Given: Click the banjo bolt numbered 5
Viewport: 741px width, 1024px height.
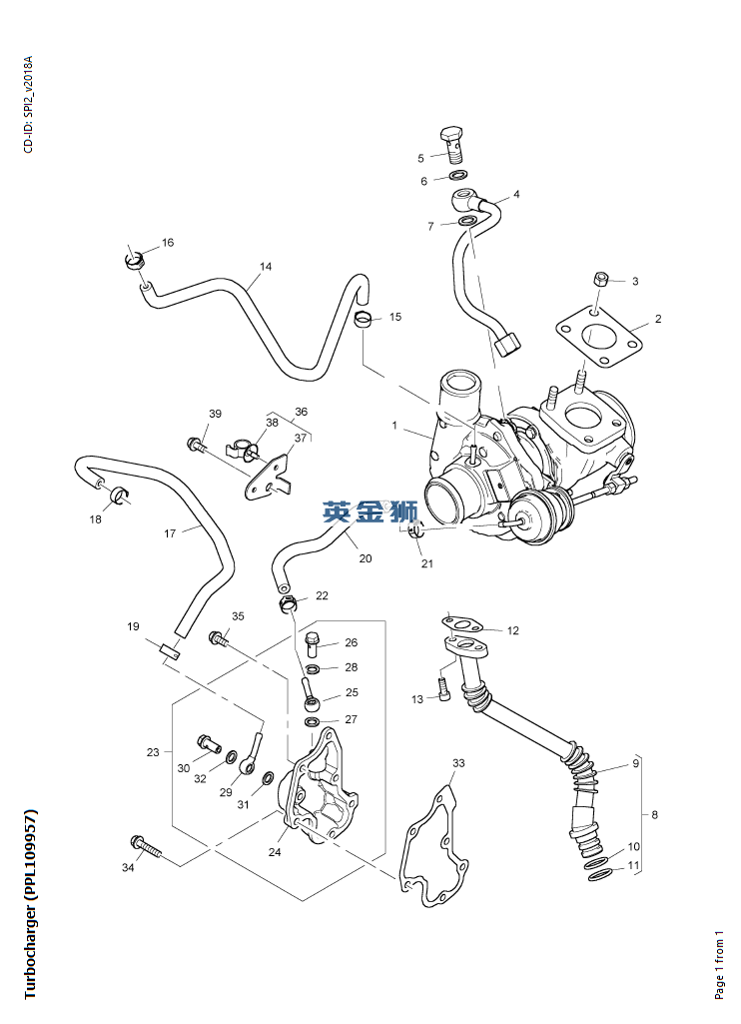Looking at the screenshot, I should click(454, 143).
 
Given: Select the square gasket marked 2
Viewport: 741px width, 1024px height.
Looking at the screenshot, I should click(597, 337).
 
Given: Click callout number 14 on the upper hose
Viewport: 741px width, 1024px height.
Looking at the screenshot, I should click(266, 267).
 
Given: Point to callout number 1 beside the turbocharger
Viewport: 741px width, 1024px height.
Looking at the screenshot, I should click(394, 427).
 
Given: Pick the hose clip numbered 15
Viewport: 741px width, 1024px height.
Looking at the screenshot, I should click(366, 320).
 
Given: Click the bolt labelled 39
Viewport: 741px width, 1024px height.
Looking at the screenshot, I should click(195, 444).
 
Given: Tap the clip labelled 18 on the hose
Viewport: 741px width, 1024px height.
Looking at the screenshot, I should click(118, 493).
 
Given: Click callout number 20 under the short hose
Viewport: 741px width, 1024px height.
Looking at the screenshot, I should click(366, 558).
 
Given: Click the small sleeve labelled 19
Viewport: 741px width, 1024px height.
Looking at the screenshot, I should click(169, 652).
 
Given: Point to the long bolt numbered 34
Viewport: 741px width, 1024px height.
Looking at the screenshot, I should click(146, 845).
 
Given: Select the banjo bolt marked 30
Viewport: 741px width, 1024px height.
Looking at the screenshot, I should click(210, 743).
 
